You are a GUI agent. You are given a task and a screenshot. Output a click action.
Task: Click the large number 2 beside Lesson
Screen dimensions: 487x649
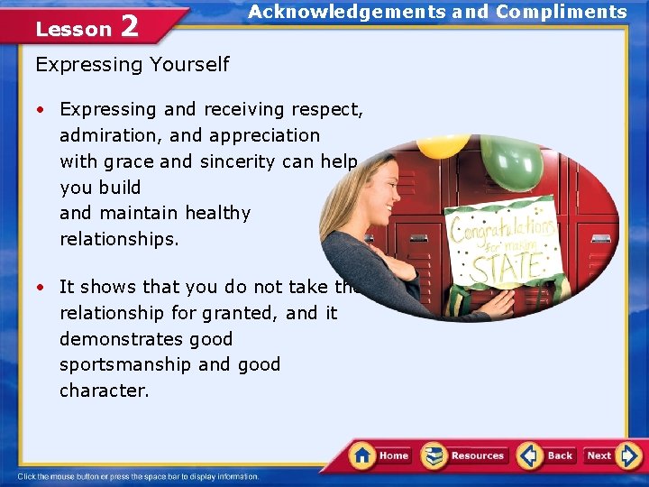tap(129, 27)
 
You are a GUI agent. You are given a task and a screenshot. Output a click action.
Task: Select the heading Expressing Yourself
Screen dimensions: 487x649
tap(132, 64)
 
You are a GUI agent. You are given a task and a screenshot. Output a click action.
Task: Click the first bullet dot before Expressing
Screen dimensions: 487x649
tap(41, 110)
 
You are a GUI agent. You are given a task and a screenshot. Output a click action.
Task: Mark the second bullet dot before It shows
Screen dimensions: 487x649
tap(41, 288)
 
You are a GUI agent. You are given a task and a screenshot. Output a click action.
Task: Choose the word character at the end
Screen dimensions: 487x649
tap(104, 391)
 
